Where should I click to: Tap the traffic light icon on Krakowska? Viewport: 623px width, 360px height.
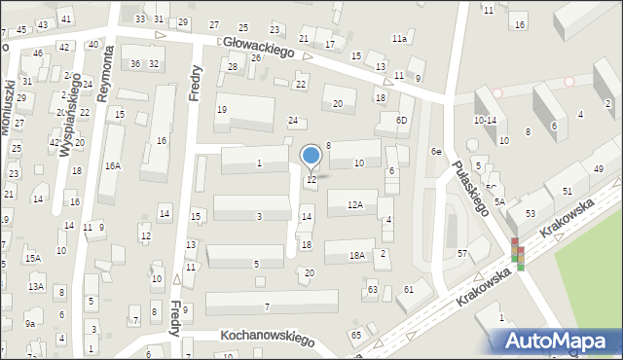[518, 254]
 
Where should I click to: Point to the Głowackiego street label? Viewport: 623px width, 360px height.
[258, 46]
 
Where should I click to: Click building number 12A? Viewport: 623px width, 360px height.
[356, 205]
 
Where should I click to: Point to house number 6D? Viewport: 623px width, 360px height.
[402, 120]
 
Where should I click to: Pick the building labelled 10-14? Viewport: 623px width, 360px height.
[485, 120]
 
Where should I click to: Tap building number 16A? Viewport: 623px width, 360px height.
[113, 166]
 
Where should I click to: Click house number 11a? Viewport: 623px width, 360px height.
[399, 38]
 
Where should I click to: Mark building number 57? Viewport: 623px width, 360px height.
[462, 254]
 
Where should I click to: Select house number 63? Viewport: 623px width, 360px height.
[372, 289]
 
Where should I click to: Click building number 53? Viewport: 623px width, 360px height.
[531, 213]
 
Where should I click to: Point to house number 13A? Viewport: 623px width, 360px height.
[36, 287]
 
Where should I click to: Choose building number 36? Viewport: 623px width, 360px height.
[136, 63]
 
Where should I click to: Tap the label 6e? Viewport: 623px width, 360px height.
[437, 152]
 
